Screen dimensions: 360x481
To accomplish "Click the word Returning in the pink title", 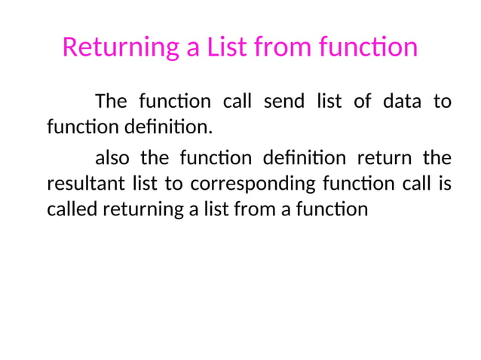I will [122, 47].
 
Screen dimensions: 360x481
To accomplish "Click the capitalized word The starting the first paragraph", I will [112, 101].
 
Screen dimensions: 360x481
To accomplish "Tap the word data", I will [402, 101].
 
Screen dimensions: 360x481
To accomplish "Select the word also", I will [112, 158].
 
